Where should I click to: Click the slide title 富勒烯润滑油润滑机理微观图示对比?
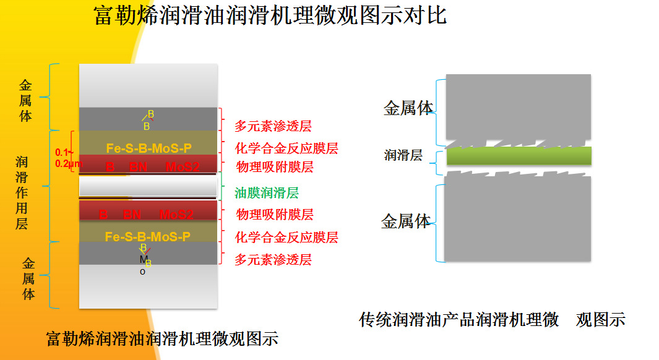pyautogui.click(x=270, y=15)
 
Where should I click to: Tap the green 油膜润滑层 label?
pyautogui.click(x=267, y=193)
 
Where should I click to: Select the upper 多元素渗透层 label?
pyautogui.click(x=273, y=126)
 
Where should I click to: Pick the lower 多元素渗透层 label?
pyautogui.click(x=273, y=260)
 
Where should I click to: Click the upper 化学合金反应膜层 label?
pyautogui.click(x=286, y=148)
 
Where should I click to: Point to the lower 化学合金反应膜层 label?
pyautogui.click(x=286, y=238)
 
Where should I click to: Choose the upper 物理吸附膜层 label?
pyautogui.click(x=275, y=167)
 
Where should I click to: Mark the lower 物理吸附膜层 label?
pyautogui.click(x=275, y=215)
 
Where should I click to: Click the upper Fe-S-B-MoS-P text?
pyautogui.click(x=149, y=148)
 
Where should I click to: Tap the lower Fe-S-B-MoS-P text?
pyautogui.click(x=147, y=236)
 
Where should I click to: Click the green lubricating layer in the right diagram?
pyautogui.click(x=519, y=156)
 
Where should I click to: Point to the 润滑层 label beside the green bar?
pyautogui.click(x=403, y=156)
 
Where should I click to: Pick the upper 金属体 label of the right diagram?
pyautogui.click(x=408, y=108)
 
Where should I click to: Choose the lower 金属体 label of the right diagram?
pyautogui.click(x=406, y=221)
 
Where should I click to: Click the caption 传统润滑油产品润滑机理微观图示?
pyautogui.click(x=492, y=320)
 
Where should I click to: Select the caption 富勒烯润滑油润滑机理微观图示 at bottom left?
pyautogui.click(x=162, y=339)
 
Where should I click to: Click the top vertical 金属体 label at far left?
pyautogui.click(x=25, y=100)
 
